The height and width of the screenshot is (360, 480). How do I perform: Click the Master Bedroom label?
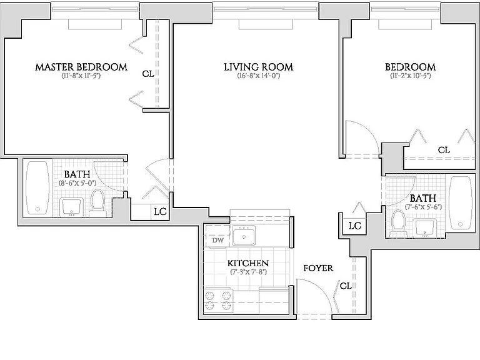pos(81,67)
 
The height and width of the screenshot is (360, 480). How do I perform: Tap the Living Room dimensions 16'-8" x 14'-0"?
pos(259,76)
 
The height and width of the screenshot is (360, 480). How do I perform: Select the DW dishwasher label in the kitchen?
pos(218,240)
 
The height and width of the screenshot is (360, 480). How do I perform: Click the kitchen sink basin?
pos(244,235)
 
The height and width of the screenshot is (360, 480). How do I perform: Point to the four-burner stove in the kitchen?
pos(218,301)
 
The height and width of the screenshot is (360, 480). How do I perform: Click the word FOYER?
pos(318,268)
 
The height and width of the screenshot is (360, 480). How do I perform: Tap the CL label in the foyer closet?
pos(346,286)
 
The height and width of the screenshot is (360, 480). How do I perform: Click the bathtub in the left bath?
pos(37,187)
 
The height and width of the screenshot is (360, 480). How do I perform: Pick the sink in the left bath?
pos(72,207)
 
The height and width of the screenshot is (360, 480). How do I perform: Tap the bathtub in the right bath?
pos(461,202)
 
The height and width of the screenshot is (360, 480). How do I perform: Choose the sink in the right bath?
pos(424,228)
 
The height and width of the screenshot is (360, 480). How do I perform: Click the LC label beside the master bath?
pos(160,212)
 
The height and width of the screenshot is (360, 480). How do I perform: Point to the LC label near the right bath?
pos(355,226)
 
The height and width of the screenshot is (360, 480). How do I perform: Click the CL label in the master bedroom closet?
pos(148,74)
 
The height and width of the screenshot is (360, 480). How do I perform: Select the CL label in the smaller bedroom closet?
pos(444,150)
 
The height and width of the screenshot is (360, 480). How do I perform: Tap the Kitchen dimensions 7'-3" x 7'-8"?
pos(249,272)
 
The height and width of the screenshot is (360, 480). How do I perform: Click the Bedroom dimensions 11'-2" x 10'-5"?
pos(411,76)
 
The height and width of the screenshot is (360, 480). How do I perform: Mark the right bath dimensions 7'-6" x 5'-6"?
pos(423,207)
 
